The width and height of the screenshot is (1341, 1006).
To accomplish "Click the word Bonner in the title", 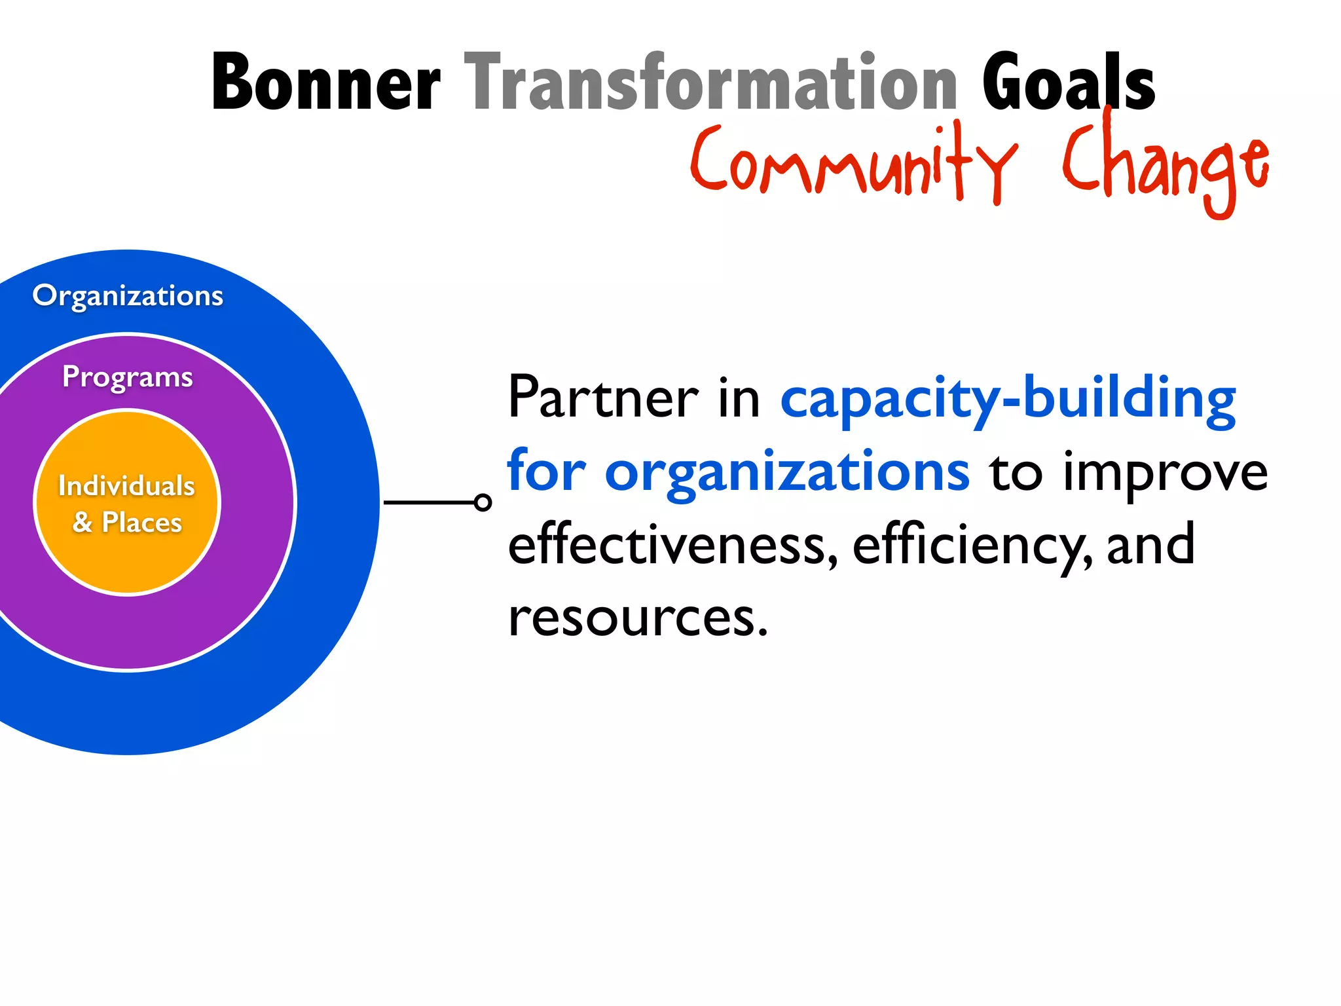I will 325,83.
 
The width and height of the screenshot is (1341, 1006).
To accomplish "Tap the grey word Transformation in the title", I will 710,83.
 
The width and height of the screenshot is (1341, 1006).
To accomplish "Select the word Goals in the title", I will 1068,83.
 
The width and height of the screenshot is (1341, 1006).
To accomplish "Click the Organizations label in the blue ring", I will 128,296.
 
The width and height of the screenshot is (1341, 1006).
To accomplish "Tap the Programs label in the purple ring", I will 128,377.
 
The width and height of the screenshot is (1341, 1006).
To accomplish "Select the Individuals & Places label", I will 127,504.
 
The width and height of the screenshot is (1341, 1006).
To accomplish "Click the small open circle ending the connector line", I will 483,502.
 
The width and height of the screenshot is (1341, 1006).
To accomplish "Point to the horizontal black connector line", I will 429,502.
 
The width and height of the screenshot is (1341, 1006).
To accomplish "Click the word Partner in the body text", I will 603,398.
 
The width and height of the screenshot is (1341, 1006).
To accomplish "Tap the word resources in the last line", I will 637,618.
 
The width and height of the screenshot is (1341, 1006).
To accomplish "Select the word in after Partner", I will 739,398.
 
